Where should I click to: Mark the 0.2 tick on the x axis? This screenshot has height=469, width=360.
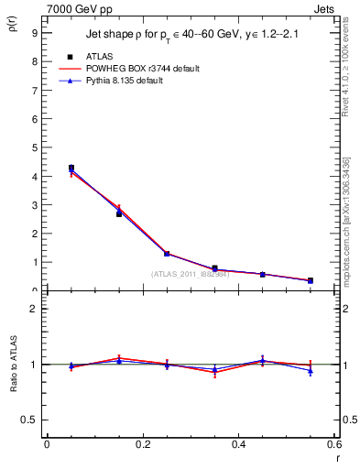(143, 444)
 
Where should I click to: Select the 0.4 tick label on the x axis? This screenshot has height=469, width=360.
(238, 444)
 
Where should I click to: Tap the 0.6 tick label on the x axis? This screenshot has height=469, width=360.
(334, 444)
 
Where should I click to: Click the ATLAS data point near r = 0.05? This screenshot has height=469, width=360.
(71, 168)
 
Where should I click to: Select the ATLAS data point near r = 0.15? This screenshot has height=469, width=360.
(119, 213)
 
